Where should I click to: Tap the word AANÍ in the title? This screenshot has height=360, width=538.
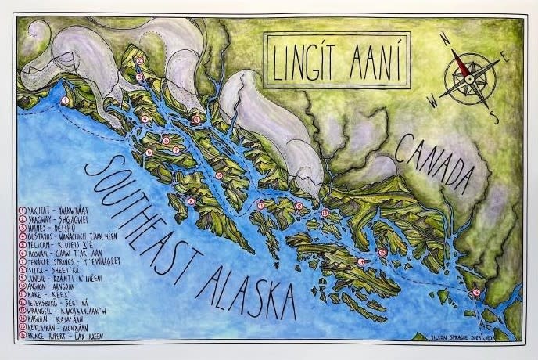(x=371, y=59)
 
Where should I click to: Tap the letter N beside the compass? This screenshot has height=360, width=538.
(x=443, y=37)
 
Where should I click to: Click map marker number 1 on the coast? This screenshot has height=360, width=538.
(x=66, y=101)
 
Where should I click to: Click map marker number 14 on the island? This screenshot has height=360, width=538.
(x=361, y=261)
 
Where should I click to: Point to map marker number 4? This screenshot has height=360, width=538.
(x=145, y=119)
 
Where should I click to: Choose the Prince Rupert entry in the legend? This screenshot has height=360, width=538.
(x=63, y=335)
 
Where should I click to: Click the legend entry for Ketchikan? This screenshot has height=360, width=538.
(x=58, y=326)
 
